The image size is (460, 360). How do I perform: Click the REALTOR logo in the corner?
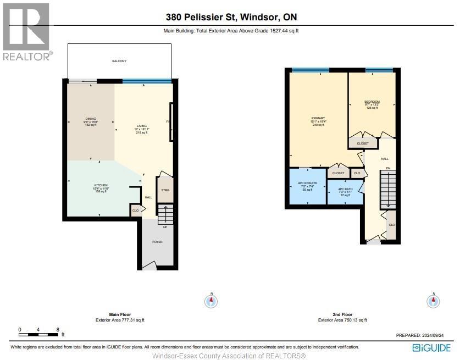click(26, 31)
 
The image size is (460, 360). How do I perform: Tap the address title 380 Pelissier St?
click(230, 18)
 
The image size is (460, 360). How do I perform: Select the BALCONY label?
click(119, 61)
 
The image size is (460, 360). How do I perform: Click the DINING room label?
click(90, 121)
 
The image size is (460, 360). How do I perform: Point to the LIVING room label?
click(142, 126)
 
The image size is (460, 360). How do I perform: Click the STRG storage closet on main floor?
click(165, 190)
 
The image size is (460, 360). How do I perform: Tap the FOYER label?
click(157, 242)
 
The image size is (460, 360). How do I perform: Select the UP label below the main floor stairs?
click(165, 226)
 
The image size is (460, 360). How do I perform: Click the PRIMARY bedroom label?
click(318, 118)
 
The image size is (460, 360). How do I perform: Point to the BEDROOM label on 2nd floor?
click(372, 102)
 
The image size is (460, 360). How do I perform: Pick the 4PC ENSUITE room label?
click(308, 182)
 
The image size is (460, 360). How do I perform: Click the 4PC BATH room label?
click(345, 189)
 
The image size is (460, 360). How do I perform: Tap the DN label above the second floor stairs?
click(388, 168)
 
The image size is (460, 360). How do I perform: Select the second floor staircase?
click(387, 190)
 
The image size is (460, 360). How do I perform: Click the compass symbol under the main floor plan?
click(211, 301)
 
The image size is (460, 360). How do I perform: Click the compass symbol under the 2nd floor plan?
click(433, 301)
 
